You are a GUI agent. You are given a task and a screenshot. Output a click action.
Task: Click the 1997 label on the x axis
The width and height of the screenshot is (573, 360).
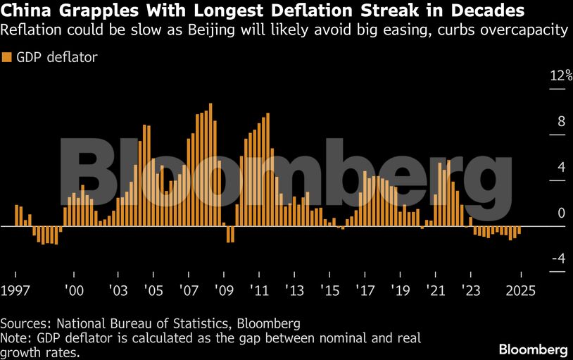[14, 290]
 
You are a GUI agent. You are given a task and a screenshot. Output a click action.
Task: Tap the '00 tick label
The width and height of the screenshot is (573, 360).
[74, 290]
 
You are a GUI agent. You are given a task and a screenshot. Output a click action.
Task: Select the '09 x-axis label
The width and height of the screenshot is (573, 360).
[224, 290]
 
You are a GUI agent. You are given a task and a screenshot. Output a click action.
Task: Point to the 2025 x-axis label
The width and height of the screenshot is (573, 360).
[521, 290]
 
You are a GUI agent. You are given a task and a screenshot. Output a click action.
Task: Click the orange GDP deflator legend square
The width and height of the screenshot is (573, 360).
[7, 58]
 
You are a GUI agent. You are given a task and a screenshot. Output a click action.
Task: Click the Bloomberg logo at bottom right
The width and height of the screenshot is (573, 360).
[533, 349]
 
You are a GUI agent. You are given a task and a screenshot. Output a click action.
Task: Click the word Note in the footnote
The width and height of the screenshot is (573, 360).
[14, 337]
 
